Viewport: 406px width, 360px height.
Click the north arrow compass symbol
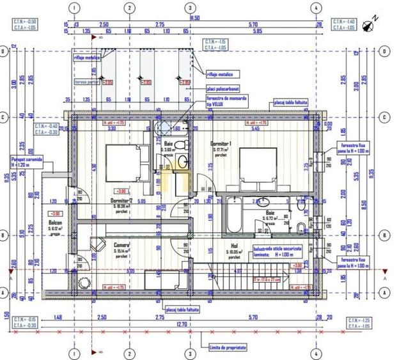[x=368, y=26]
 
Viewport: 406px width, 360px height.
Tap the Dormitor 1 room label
[x=221, y=144]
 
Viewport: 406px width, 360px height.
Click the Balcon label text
[x=56, y=224]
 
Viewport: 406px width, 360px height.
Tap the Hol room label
[x=234, y=245]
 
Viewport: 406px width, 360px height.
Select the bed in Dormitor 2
[x=127, y=164]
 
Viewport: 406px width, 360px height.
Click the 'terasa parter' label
[x=86, y=82]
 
